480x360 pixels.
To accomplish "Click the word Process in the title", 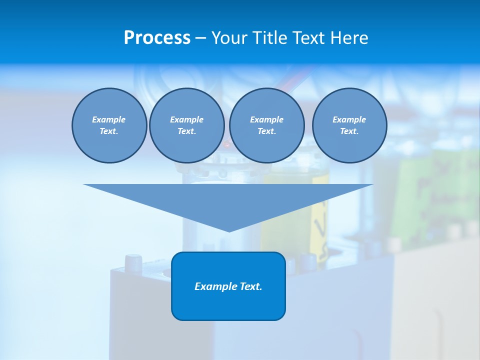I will click(x=157, y=38).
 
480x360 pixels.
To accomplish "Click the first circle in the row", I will click(x=109, y=125).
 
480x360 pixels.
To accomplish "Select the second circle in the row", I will click(x=186, y=125).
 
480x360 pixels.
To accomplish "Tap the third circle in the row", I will click(x=266, y=125).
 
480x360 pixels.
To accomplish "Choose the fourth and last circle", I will click(x=349, y=125).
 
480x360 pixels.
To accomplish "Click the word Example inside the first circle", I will click(x=109, y=119).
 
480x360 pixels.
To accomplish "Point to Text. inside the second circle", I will click(x=186, y=131).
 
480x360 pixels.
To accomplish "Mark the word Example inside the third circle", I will click(x=266, y=119).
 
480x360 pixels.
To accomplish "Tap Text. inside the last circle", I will click(x=349, y=131).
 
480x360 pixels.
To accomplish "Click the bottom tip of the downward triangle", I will click(x=228, y=230).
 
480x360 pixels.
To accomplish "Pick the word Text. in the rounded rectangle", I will click(x=251, y=286).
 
